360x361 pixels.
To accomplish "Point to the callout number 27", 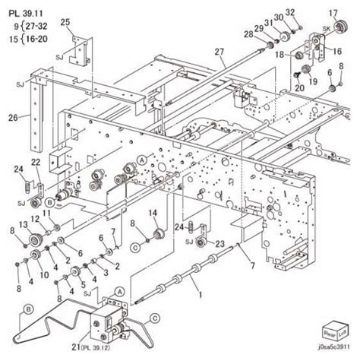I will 219,52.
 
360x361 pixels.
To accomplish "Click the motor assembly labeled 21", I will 106,325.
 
